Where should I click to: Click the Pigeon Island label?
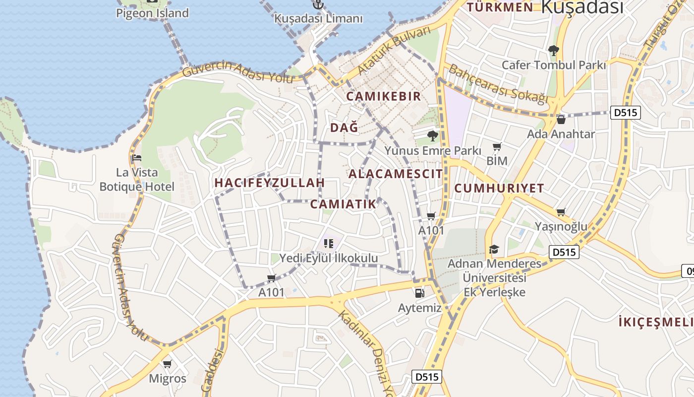[x=152, y=13]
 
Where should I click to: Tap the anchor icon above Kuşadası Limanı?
[x=319, y=4]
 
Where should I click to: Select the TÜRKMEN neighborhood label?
[x=500, y=7]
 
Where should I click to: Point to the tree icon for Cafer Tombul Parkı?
[x=554, y=51]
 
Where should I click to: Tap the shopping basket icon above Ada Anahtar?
[x=561, y=119]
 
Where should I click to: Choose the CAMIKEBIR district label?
[x=383, y=96]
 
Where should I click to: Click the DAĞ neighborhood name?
[x=344, y=128]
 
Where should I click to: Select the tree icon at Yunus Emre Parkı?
[x=433, y=135]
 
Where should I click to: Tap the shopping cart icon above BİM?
[x=497, y=147]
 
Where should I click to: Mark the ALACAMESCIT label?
[x=396, y=174]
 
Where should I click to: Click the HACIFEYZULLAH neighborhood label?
[x=269, y=183]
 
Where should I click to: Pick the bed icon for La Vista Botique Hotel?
[x=137, y=158]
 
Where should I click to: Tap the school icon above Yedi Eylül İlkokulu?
[x=328, y=243]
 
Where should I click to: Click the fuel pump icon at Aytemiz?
[x=419, y=293]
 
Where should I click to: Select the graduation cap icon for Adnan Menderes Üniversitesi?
[x=494, y=249]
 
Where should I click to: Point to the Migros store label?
[x=168, y=379]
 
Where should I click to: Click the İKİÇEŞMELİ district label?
[x=656, y=322]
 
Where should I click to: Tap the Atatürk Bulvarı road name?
[x=395, y=51]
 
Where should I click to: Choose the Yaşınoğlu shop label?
[x=561, y=226]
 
